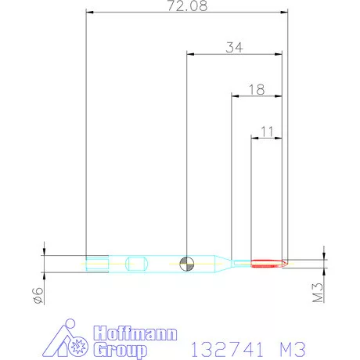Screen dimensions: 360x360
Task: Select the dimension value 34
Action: click(234, 48)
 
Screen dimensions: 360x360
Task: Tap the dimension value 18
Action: click(255, 89)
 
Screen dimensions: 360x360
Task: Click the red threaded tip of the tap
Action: click(268, 264)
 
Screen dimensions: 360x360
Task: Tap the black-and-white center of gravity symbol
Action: click(186, 263)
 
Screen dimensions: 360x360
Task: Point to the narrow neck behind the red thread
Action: click(241, 264)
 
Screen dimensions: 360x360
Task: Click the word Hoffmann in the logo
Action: click(135, 333)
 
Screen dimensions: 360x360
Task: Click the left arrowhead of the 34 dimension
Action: click(189, 54)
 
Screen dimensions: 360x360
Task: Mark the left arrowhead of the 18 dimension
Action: click(233, 96)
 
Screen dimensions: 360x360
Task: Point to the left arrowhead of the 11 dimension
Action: click(253, 139)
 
